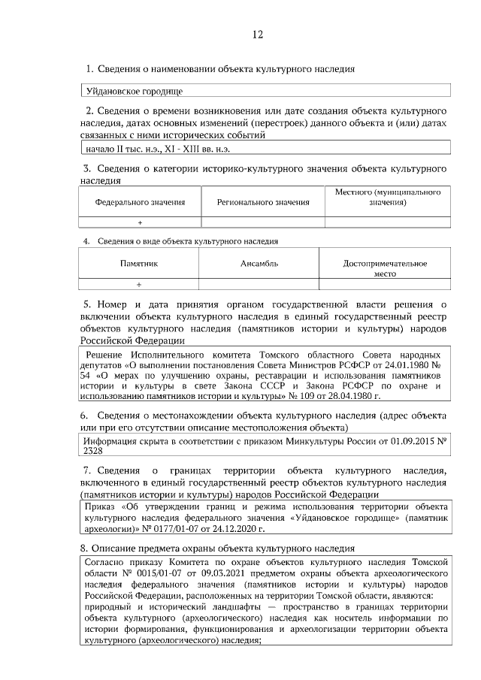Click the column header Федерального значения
click(140, 202)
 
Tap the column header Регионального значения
click(263, 202)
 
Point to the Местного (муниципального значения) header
click(387, 198)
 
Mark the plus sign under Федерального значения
click(140, 223)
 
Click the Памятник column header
click(139, 264)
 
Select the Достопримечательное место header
click(385, 268)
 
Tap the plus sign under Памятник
click(139, 285)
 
